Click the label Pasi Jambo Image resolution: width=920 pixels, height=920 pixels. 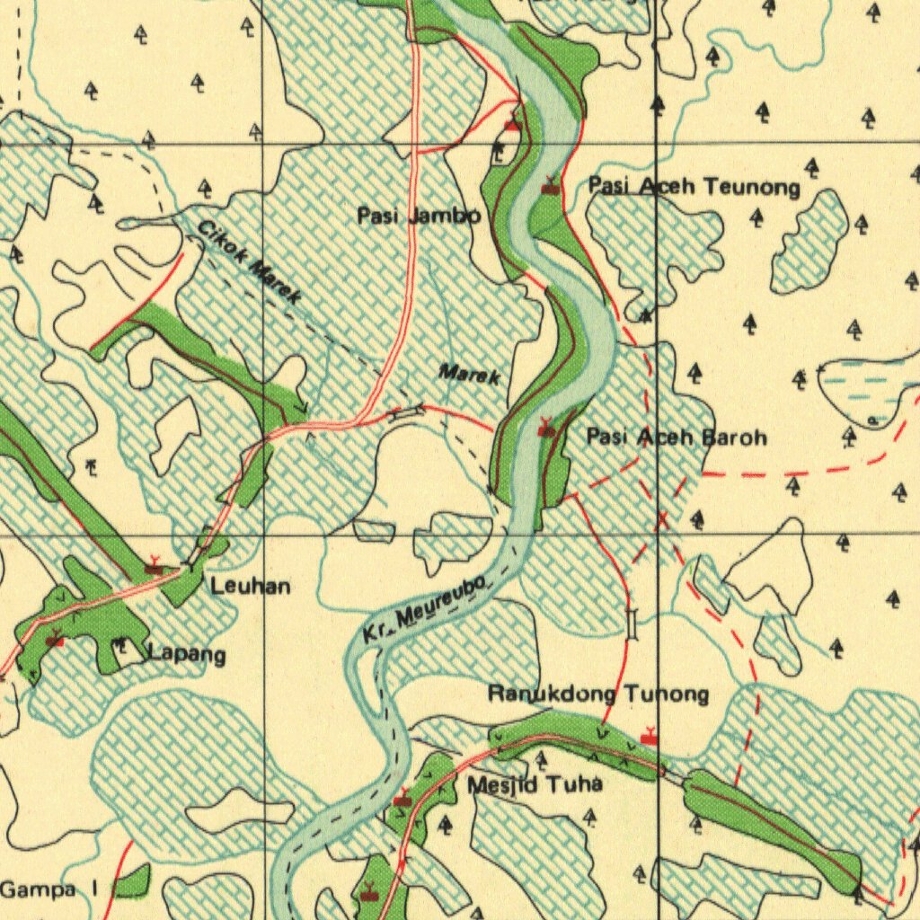(419, 217)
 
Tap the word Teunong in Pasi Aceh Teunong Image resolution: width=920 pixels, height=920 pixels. (751, 187)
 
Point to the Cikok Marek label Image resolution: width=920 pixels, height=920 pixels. (249, 262)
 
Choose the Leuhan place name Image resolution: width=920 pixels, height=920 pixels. (251, 587)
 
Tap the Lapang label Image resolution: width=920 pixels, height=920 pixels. (187, 653)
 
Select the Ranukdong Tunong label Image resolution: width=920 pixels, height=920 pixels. (597, 694)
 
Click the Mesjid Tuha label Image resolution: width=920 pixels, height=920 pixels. (534, 784)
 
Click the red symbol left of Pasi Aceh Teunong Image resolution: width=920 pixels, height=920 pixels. (550, 187)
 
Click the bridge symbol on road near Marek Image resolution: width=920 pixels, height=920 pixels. (407, 411)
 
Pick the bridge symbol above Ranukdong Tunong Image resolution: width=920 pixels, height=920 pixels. (632, 624)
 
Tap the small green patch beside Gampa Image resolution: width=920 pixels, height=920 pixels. (131, 882)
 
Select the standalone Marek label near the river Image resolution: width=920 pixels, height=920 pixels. (469, 375)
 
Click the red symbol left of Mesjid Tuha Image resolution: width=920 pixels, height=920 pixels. (402, 798)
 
